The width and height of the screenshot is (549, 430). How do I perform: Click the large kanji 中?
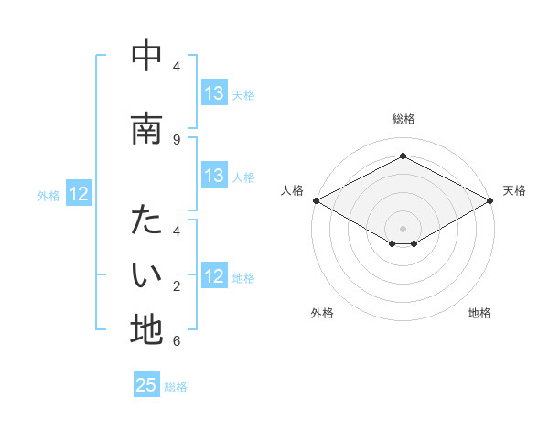(146, 56)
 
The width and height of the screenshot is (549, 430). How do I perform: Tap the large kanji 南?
(146, 128)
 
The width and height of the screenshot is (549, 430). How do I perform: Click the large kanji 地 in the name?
(146, 329)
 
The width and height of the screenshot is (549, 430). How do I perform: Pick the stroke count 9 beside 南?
(177, 139)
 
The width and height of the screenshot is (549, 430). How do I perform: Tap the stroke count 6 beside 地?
(177, 341)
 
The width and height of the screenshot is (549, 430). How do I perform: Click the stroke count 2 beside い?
(177, 286)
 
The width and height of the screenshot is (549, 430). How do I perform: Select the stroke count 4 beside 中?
(177, 67)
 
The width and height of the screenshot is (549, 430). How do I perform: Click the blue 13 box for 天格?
(214, 93)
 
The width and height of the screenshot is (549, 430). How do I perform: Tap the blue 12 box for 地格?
(214, 277)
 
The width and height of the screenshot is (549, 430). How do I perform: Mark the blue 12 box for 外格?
(79, 194)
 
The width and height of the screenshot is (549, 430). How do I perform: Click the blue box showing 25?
(146, 385)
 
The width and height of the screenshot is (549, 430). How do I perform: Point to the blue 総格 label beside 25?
(177, 387)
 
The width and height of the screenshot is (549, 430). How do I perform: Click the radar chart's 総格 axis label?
(403, 120)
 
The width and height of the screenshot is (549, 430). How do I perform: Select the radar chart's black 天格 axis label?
(514, 190)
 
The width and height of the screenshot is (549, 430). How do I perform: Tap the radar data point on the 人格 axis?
(316, 200)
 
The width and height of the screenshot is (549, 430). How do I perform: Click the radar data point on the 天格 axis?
(490, 200)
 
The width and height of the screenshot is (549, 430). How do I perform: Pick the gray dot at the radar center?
(403, 228)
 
